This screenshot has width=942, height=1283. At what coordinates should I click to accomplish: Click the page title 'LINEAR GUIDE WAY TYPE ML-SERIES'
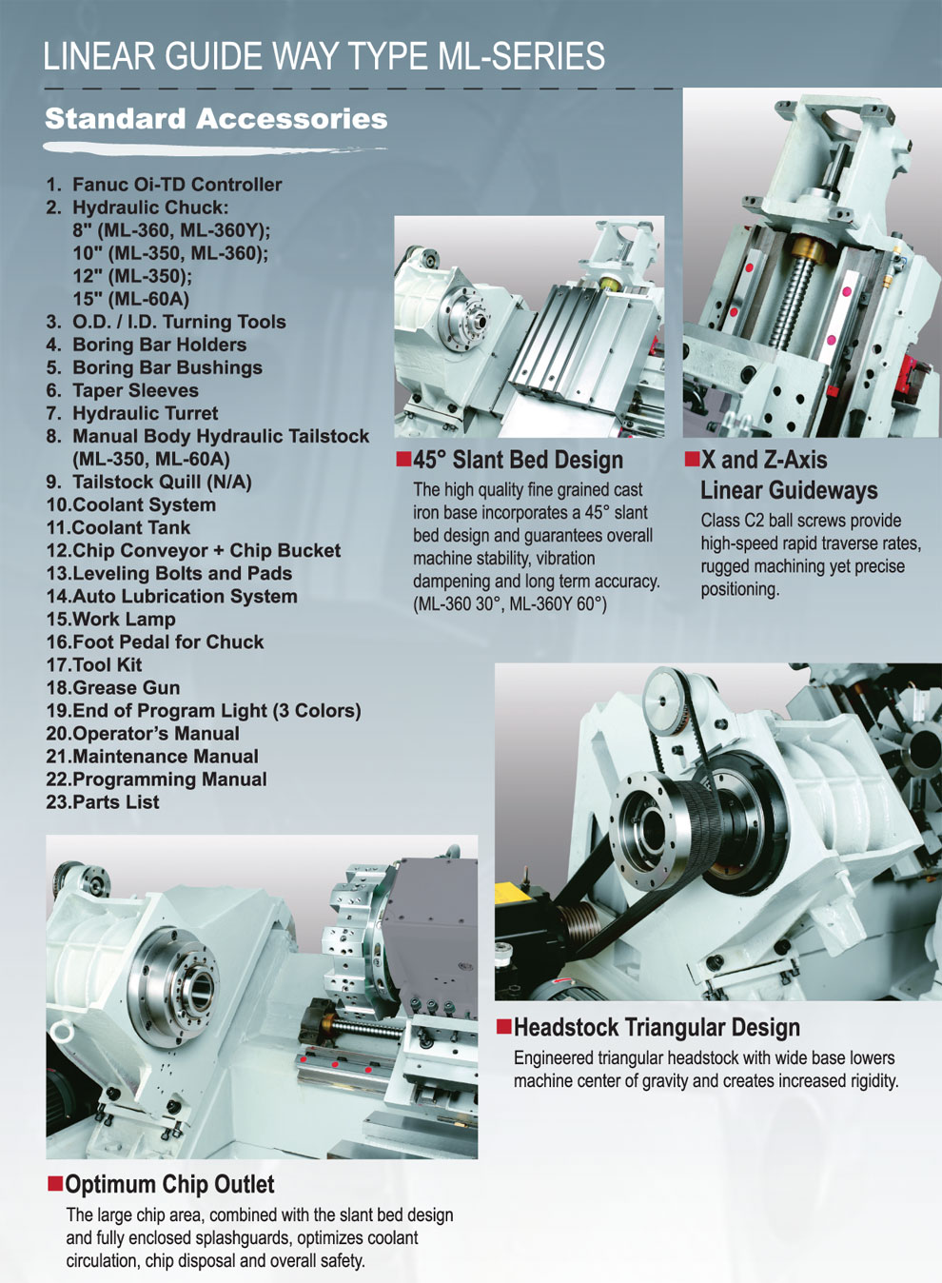(324, 56)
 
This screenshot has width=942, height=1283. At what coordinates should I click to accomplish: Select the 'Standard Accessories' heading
(216, 119)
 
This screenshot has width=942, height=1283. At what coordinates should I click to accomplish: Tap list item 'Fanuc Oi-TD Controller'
(177, 185)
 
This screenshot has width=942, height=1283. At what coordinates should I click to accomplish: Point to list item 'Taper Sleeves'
(135, 390)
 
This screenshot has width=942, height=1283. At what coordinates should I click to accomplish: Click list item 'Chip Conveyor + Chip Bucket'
(206, 550)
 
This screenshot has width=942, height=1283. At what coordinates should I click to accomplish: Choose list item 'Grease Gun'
(127, 687)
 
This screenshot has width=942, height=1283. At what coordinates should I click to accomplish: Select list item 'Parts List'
(116, 801)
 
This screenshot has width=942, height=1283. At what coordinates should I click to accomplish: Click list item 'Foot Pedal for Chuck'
(168, 642)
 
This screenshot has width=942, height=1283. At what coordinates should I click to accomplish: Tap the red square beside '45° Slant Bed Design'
(403, 459)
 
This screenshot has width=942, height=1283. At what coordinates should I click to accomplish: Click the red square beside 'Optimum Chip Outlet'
(55, 1183)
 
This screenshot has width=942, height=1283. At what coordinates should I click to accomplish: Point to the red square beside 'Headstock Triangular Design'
(504, 1026)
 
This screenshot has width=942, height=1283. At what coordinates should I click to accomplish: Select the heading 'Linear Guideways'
(789, 490)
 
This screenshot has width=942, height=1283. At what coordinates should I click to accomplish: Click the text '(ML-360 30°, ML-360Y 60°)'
(510, 604)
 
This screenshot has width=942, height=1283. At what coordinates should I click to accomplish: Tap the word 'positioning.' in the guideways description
(740, 589)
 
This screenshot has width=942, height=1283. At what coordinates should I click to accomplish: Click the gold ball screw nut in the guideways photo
(806, 248)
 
